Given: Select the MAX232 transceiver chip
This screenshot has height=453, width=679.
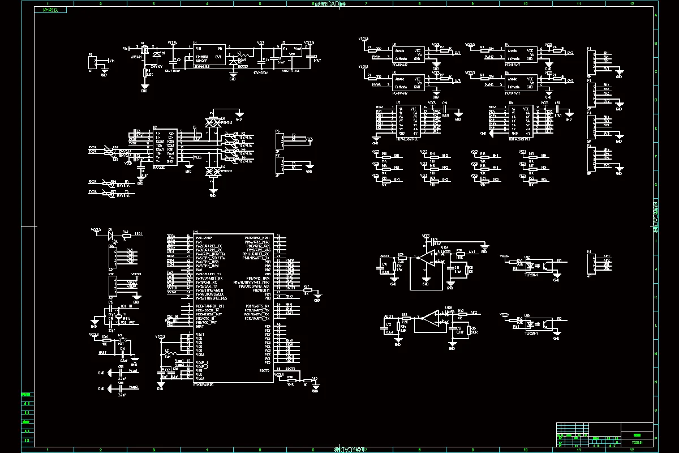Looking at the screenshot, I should pos(165,146).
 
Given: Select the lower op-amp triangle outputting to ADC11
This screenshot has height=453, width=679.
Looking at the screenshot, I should pos(430,320).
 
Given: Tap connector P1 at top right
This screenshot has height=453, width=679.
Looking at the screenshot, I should pos(590,61).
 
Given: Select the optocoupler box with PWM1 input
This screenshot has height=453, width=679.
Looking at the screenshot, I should pos(408,54).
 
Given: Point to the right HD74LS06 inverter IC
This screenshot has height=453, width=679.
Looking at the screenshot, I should pos(521,121).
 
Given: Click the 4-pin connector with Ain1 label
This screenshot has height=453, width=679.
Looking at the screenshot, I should pos(591,263).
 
